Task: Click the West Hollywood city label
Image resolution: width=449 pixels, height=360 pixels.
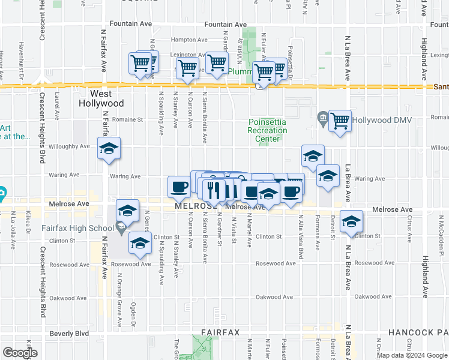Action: click(x=101, y=98)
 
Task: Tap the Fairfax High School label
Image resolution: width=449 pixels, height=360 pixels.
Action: click(x=77, y=228)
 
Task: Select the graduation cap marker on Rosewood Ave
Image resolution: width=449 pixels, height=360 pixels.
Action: click(x=140, y=243)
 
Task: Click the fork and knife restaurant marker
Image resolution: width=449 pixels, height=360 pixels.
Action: click(x=214, y=190)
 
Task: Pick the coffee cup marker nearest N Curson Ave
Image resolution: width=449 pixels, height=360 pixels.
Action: click(x=179, y=187)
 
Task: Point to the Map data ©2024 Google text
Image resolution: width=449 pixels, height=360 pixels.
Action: click(x=412, y=355)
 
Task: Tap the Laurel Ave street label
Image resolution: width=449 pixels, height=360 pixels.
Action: click(x=58, y=104)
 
